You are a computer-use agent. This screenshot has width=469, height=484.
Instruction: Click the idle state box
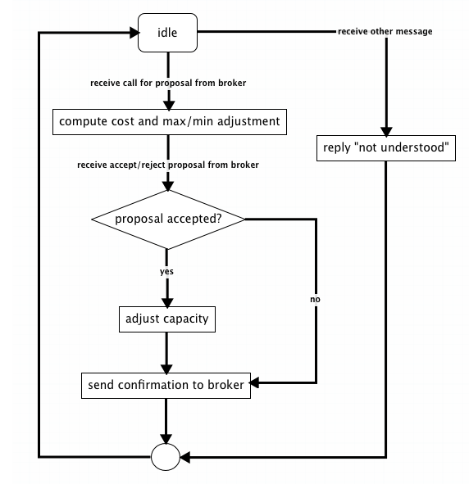tap(167, 33)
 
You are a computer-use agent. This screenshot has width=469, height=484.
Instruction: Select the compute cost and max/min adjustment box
tap(170, 122)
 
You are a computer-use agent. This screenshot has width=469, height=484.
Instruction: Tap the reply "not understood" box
tap(386, 148)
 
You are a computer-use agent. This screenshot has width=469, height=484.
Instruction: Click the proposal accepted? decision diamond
tap(168, 219)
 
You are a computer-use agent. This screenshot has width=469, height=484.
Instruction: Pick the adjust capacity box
tap(167, 319)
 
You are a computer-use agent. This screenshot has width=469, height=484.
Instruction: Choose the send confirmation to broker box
tap(166, 386)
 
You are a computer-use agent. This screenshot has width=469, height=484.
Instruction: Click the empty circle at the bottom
tap(166, 457)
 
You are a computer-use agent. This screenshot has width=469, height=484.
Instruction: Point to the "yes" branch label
tap(166, 271)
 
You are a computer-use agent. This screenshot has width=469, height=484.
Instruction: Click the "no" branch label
tap(315, 299)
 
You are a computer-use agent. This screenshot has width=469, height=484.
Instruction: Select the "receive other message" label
tap(385, 31)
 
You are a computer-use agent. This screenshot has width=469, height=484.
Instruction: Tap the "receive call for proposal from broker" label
tap(168, 83)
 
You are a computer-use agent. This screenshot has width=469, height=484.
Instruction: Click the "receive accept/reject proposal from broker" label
tap(168, 165)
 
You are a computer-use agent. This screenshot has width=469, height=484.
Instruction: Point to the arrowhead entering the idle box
tap(134, 33)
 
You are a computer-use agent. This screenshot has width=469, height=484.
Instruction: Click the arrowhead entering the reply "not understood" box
tap(386, 132)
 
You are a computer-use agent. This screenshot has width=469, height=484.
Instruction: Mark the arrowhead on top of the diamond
tap(168, 186)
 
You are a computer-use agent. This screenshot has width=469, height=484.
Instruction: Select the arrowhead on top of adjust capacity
tap(167, 303)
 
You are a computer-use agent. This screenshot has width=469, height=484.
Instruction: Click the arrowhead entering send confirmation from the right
tap(254, 383)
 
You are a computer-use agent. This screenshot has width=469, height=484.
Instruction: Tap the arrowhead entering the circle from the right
tap(184, 457)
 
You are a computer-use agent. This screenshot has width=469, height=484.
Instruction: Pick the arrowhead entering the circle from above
tap(166, 439)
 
